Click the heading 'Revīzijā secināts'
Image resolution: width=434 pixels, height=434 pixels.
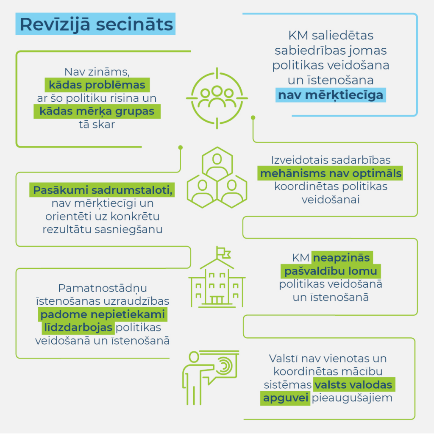tap(96, 24)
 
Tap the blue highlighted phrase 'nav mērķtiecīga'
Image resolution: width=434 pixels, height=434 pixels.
tap(331, 95)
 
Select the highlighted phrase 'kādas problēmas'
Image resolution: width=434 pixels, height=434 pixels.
tap(97, 85)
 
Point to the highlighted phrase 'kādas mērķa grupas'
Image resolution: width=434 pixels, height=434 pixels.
tap(97, 111)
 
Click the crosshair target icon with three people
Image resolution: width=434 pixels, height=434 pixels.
tap(217, 98)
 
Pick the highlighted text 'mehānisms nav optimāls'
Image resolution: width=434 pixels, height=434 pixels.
tap(330, 173)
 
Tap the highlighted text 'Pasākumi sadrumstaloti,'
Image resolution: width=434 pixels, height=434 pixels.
tap(102, 190)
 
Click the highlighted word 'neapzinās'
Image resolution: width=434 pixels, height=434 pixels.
tap(342, 258)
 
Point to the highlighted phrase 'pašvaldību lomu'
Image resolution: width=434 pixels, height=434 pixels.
tap(331, 271)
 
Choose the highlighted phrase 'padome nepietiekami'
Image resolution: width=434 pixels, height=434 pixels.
tap(103, 314)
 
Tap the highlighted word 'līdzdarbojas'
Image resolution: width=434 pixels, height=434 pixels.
tap(78, 328)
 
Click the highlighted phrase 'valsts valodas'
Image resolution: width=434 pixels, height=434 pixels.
tap(354, 385)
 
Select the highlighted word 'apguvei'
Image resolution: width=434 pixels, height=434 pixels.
tap(285, 398)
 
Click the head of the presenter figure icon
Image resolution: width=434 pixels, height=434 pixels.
tap(194, 357)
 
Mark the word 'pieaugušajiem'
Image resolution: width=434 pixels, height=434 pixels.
tap(352, 398)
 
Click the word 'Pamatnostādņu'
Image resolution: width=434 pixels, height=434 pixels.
tap(103, 288)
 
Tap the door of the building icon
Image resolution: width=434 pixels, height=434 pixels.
tap(217, 300)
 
